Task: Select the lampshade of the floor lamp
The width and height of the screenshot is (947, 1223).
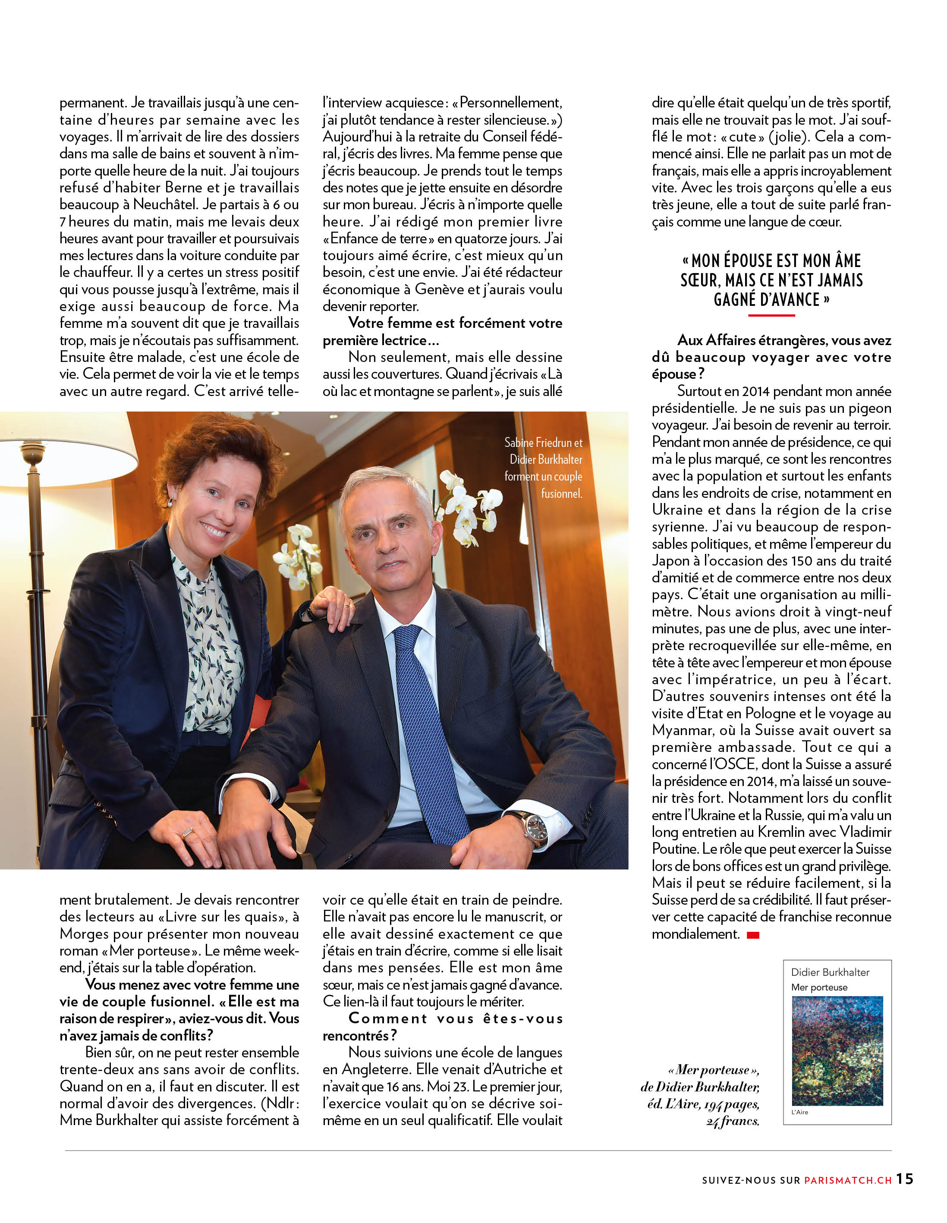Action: pyautogui.click(x=62, y=470)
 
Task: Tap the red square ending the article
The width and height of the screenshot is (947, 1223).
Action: pyautogui.click(x=753, y=934)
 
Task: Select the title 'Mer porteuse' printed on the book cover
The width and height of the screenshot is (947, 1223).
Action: pyautogui.click(x=819, y=987)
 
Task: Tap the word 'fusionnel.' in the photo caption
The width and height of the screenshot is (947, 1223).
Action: pyautogui.click(x=561, y=494)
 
